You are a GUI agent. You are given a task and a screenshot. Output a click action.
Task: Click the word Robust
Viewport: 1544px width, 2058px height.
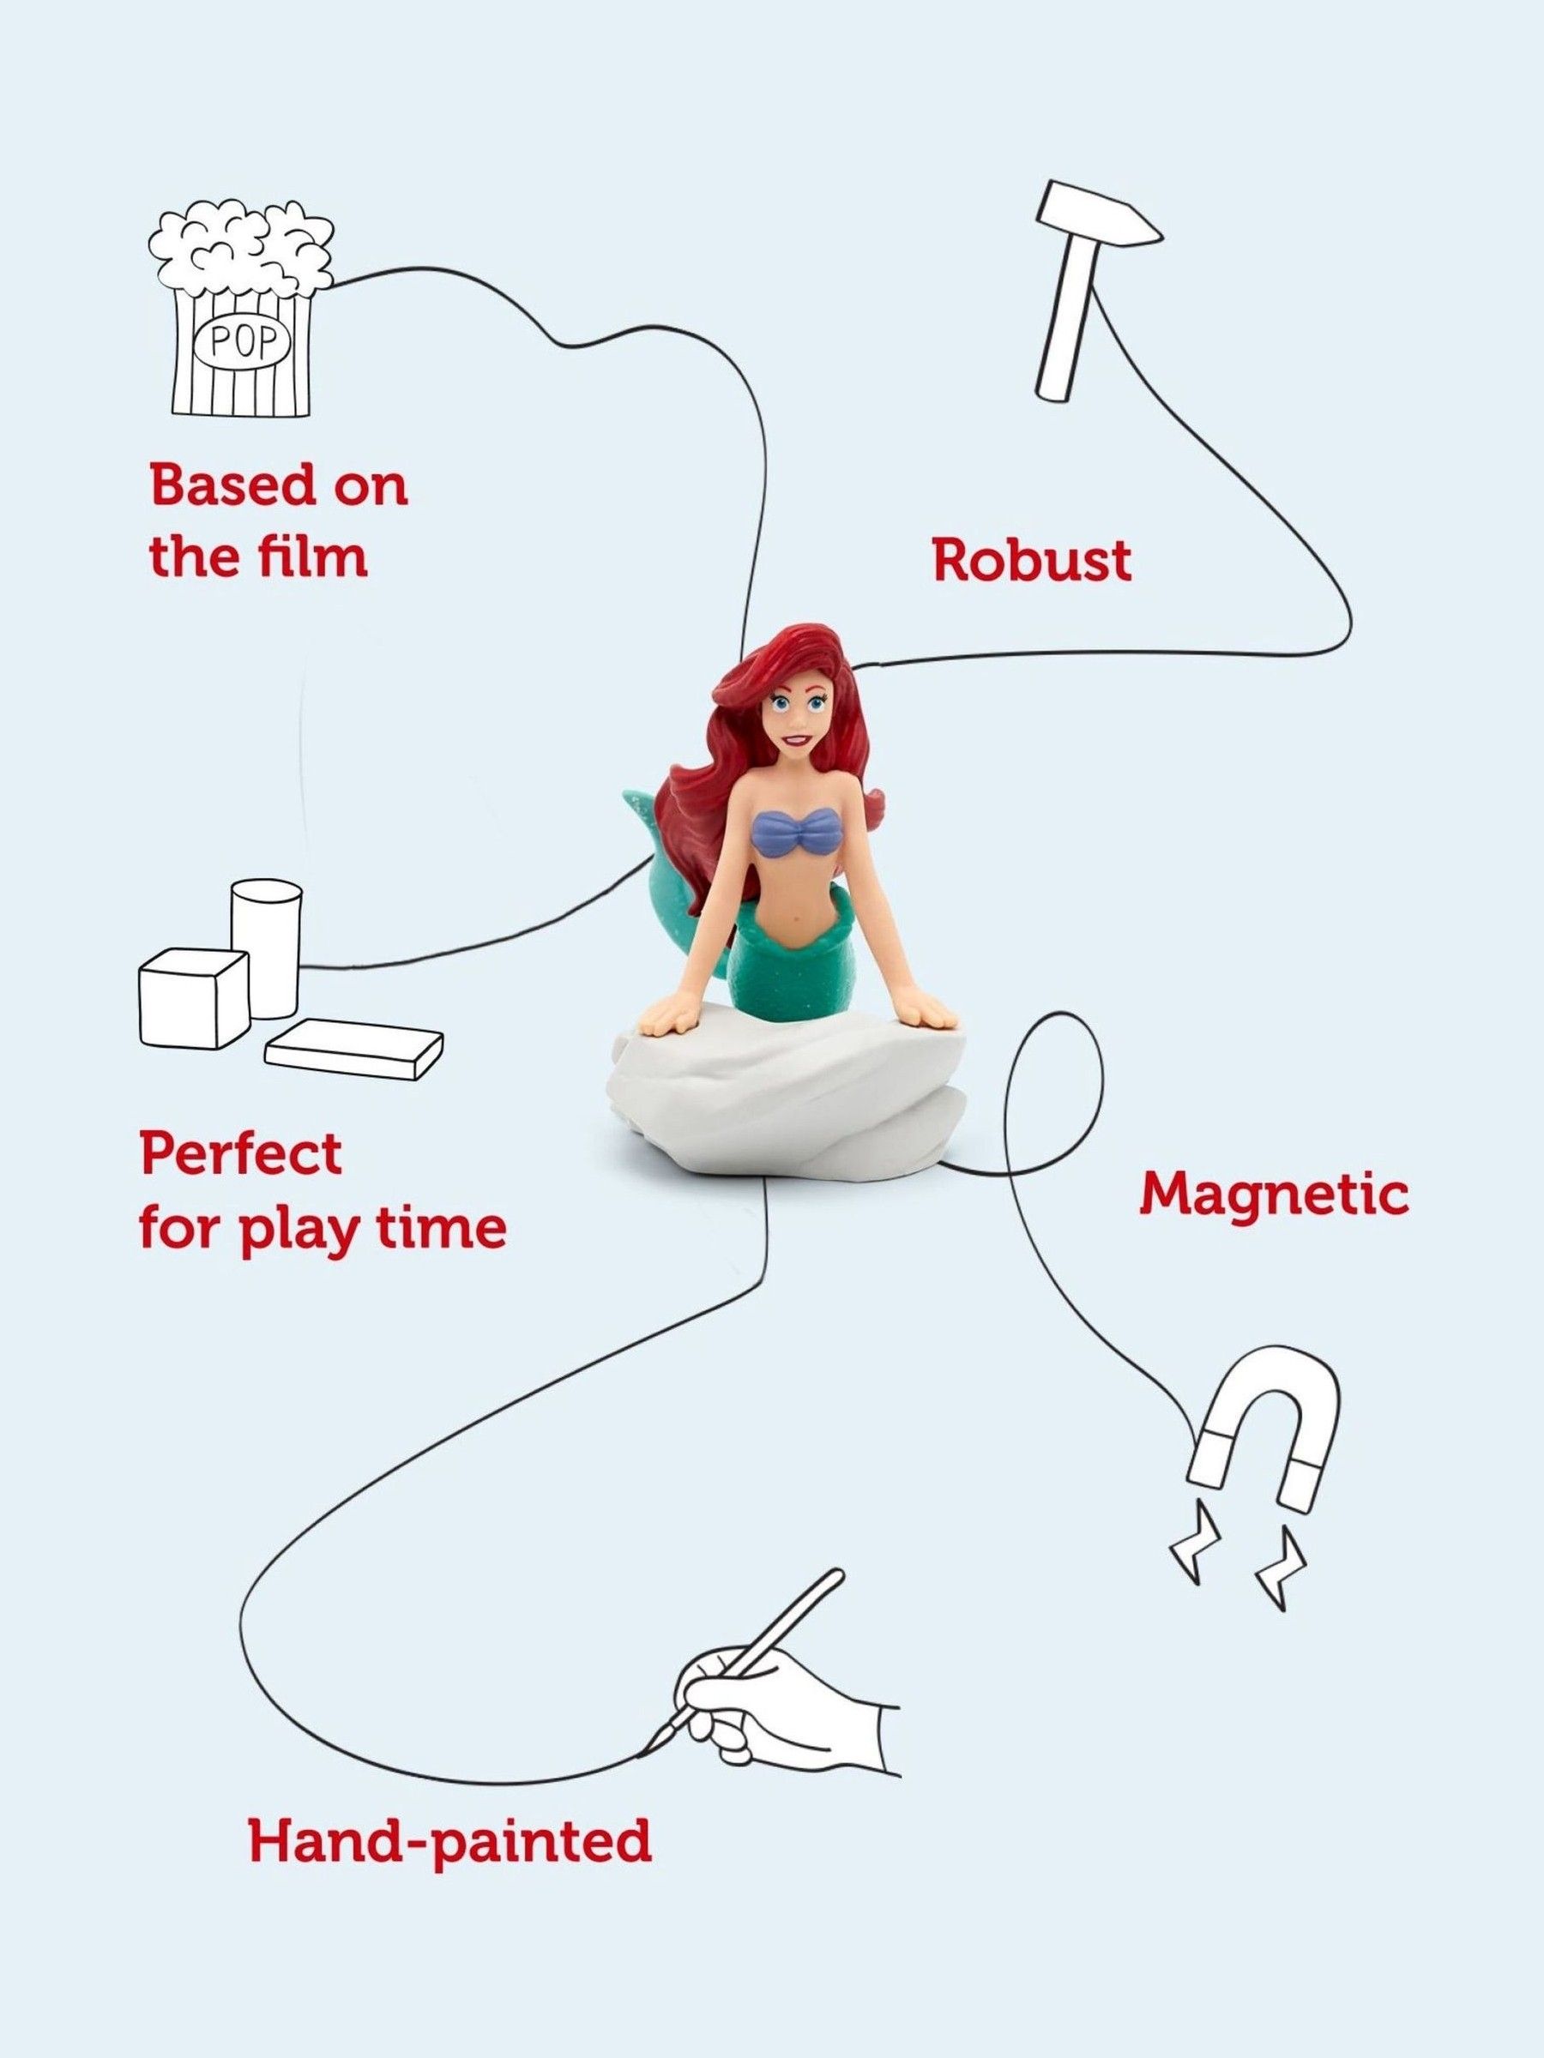pos(1032,560)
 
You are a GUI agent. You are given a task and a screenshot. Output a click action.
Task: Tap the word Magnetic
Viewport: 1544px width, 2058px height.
pos(1274,1195)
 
